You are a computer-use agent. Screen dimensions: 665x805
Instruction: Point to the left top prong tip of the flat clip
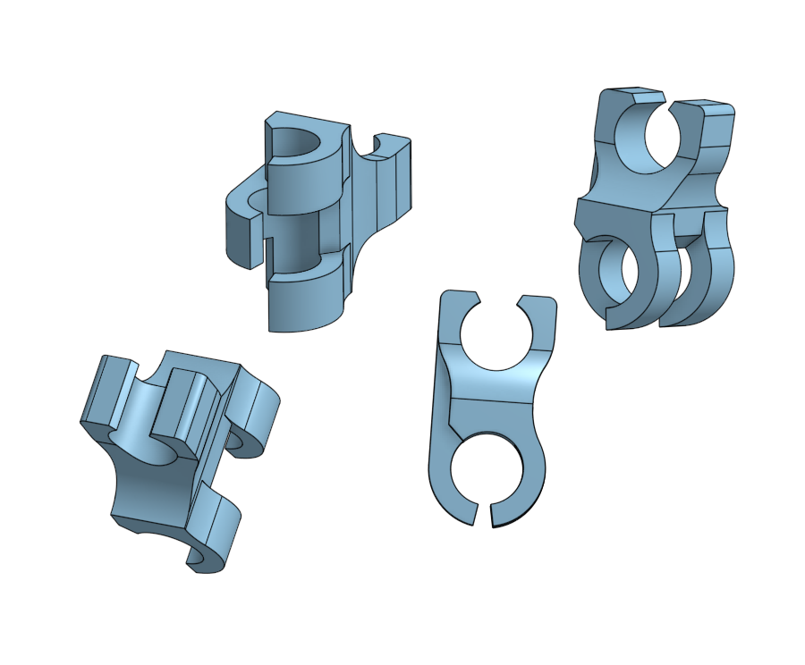point(459,297)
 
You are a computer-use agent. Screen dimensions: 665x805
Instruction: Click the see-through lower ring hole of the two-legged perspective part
point(617,273)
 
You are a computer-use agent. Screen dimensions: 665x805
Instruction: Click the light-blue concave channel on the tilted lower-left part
point(139,420)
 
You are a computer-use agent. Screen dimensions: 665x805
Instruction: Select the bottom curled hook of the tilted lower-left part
point(215,541)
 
